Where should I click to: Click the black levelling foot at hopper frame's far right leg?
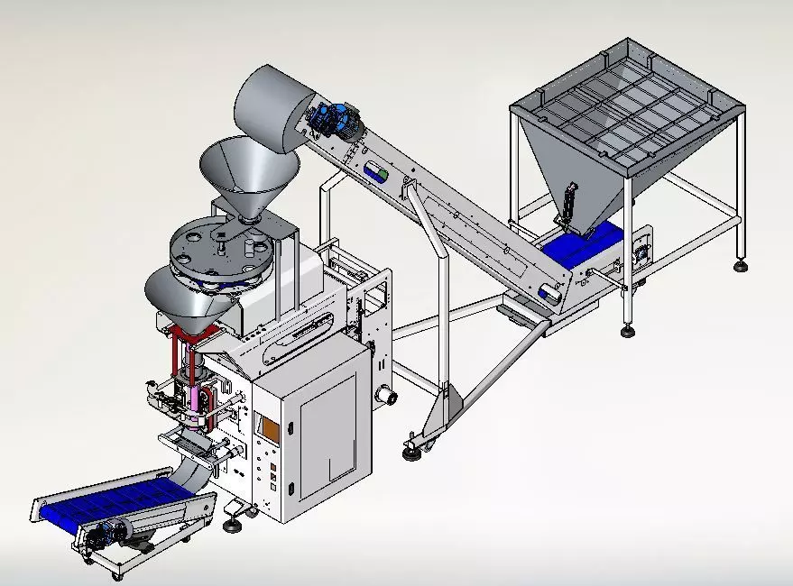(741, 265)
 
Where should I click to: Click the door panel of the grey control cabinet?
(328, 428)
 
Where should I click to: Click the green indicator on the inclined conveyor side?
(383, 171)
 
